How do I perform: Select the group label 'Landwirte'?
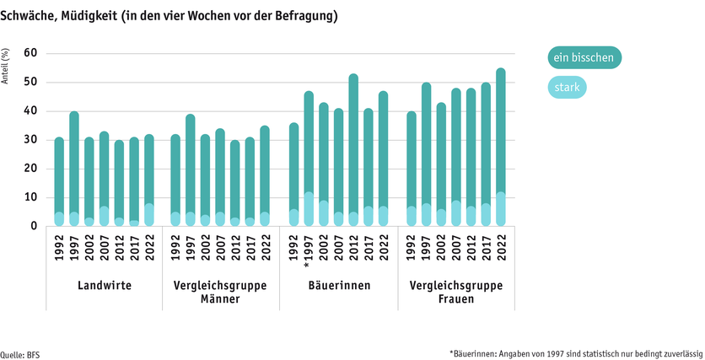pyautogui.click(x=104, y=286)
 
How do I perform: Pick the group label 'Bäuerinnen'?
pyautogui.click(x=338, y=286)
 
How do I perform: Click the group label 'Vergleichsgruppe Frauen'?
pyautogui.click(x=456, y=292)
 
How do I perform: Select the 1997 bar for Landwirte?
pyautogui.click(x=74, y=169)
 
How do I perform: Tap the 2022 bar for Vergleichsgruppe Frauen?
pyautogui.click(x=501, y=148)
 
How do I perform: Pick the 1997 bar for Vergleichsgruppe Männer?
pyautogui.click(x=191, y=170)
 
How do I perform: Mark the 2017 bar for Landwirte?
pyautogui.click(x=133, y=181)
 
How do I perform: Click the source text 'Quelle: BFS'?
pyautogui.click(x=20, y=354)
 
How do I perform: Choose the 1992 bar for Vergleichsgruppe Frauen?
pyautogui.click(x=412, y=169)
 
